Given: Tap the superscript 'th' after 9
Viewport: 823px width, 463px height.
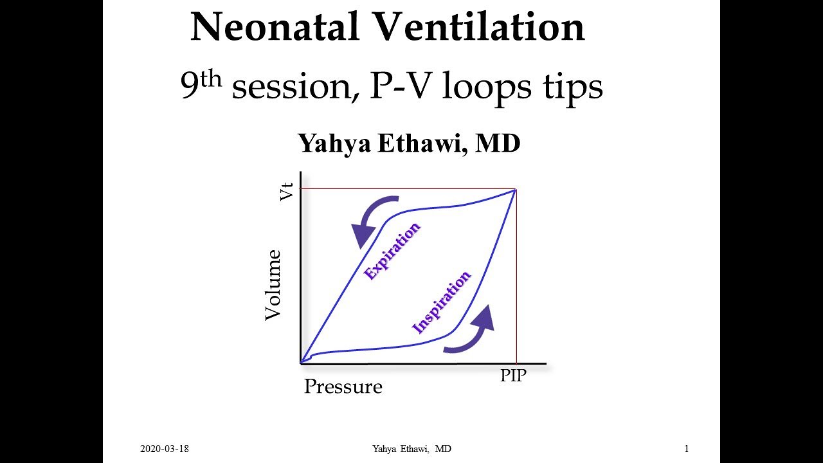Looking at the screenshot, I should pyautogui.click(x=211, y=78).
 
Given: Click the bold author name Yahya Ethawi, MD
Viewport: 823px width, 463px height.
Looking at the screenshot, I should pyautogui.click(x=409, y=143).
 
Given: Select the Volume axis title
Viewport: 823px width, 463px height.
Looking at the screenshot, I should pyautogui.click(x=274, y=285).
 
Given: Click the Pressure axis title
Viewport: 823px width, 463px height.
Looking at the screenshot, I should pyautogui.click(x=343, y=386).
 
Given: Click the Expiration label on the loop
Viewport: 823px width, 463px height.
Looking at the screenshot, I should pyautogui.click(x=392, y=250).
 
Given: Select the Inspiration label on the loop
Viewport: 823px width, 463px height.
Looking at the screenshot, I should pyautogui.click(x=441, y=302).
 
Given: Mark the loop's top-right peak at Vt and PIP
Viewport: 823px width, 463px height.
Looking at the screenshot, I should pyautogui.click(x=516, y=189).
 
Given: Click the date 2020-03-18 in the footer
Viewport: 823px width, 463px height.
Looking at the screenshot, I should pyautogui.click(x=165, y=449).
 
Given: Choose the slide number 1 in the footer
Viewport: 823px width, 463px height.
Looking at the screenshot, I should pyautogui.click(x=686, y=449).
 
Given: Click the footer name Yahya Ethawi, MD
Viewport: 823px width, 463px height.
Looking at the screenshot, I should pyautogui.click(x=411, y=449).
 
